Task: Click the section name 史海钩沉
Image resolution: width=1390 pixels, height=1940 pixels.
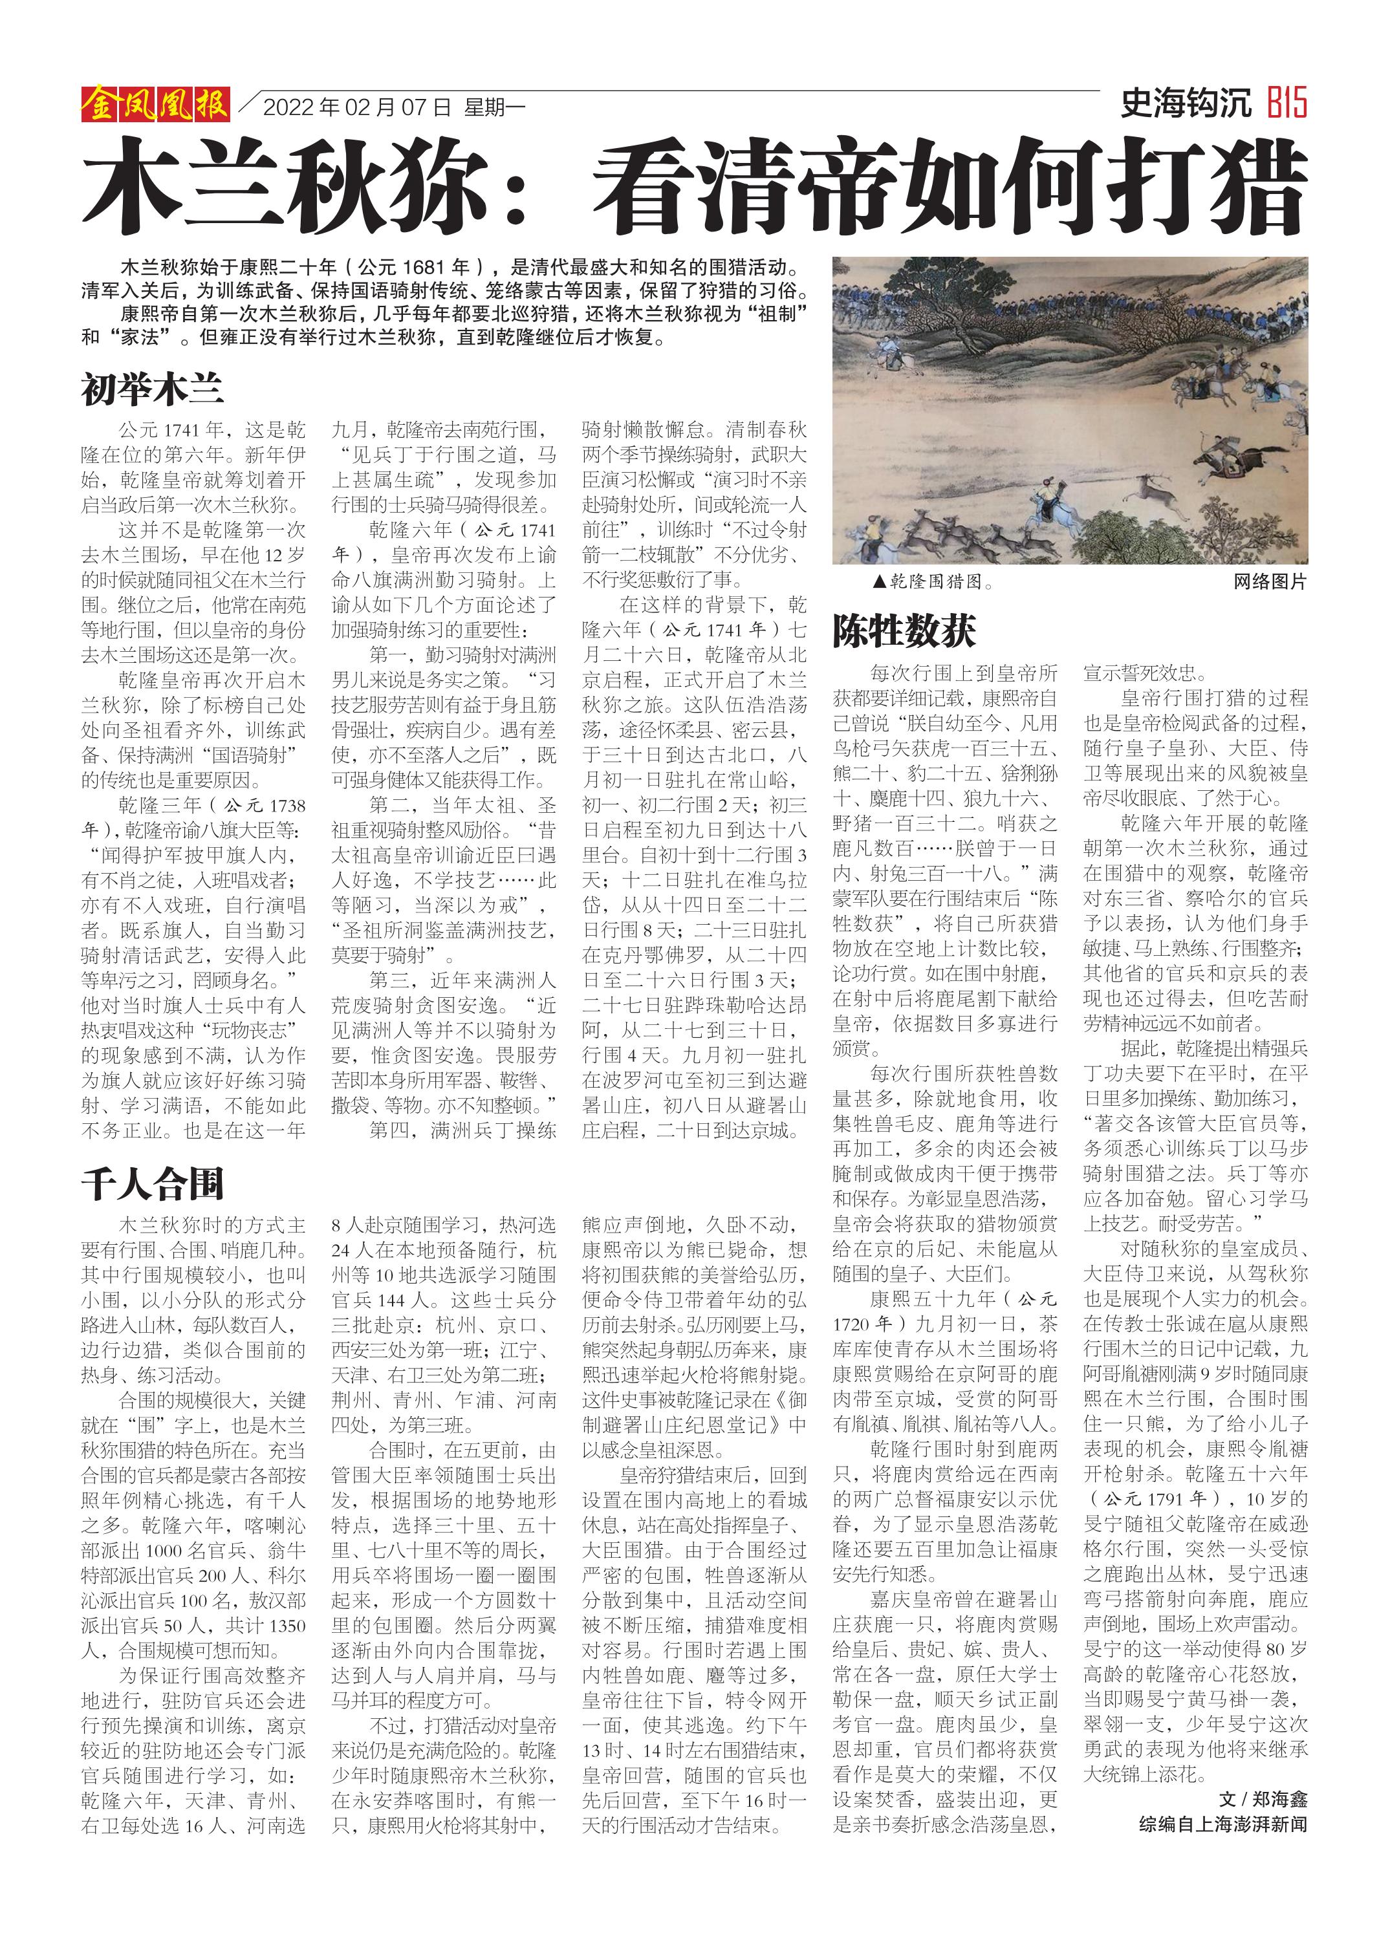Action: click(1186, 103)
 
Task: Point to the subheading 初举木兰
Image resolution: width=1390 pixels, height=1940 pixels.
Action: click(152, 389)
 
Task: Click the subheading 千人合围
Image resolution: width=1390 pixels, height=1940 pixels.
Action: click(152, 1185)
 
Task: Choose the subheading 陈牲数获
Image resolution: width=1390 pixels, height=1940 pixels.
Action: click(904, 631)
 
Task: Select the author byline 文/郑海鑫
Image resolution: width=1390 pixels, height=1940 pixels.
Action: click(1263, 1799)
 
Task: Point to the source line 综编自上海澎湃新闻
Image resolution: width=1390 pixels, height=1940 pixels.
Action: click(1222, 1824)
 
